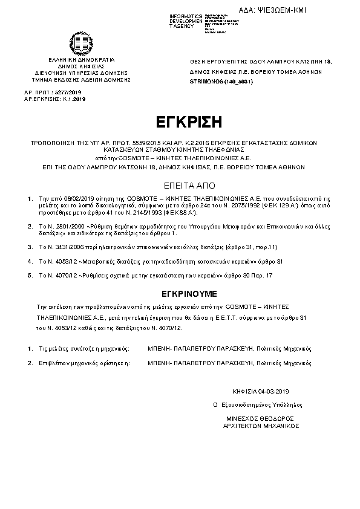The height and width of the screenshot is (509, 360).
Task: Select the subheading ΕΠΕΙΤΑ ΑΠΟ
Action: [x=180, y=184]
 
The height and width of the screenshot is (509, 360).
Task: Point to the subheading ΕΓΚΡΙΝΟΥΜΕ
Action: [x=180, y=291]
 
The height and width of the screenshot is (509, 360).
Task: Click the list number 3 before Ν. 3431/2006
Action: [x=30, y=247]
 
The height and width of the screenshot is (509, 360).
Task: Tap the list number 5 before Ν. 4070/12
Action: [x=30, y=275]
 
